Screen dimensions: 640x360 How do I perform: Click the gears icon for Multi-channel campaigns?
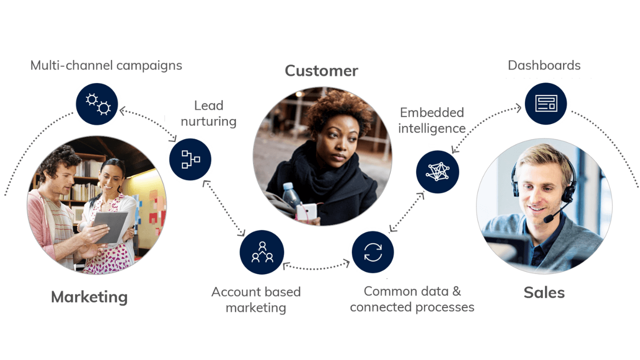coord(97,104)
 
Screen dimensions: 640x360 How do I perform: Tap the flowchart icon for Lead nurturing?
coord(190,159)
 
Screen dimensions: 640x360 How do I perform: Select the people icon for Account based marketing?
coord(262,252)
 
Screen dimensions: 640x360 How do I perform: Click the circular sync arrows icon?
coord(372,252)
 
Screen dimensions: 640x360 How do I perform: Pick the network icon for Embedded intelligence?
coord(437,172)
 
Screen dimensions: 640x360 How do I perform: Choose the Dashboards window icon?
coord(545,104)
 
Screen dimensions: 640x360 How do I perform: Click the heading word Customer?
coord(321,71)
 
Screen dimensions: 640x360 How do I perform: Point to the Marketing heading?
coord(89,297)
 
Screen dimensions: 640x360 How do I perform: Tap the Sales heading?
coord(544,292)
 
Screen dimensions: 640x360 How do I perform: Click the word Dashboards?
coord(544,65)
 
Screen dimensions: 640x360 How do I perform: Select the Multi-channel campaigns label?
coord(106,65)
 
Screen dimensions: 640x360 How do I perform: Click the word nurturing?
coord(209,121)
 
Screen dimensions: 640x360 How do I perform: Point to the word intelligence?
coord(431,128)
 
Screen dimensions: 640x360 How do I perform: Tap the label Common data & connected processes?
coord(412,299)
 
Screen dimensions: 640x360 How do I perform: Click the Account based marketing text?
coord(256,299)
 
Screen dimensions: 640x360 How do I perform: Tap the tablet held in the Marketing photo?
coord(111,226)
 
